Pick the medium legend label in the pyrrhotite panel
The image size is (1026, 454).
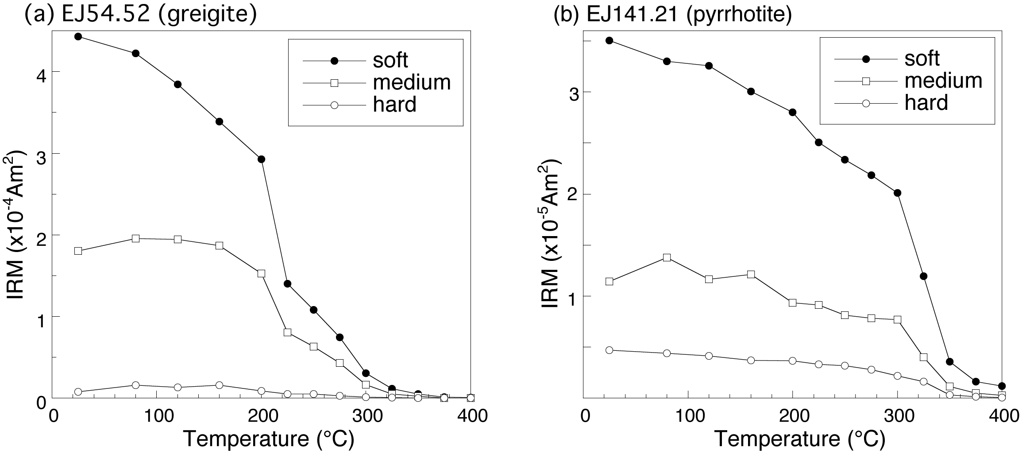click(x=943, y=80)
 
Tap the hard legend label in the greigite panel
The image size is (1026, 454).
click(x=394, y=105)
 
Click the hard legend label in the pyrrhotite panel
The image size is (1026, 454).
click(x=926, y=103)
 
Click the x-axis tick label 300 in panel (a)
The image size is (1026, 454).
click(x=366, y=416)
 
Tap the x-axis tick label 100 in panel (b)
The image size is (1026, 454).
click(x=688, y=416)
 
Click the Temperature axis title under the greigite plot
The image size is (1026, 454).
click(x=268, y=439)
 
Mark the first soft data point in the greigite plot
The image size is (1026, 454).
click(x=78, y=36)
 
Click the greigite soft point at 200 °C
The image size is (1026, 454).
click(x=261, y=159)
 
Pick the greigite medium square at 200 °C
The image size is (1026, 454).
click(x=261, y=273)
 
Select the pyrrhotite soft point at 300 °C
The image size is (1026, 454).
click(x=898, y=193)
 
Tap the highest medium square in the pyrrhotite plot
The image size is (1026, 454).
click(x=667, y=257)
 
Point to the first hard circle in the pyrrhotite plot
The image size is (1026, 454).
click(x=609, y=350)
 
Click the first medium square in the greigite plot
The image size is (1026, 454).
click(x=78, y=251)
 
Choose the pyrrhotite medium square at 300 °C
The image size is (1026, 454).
click(x=898, y=319)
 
